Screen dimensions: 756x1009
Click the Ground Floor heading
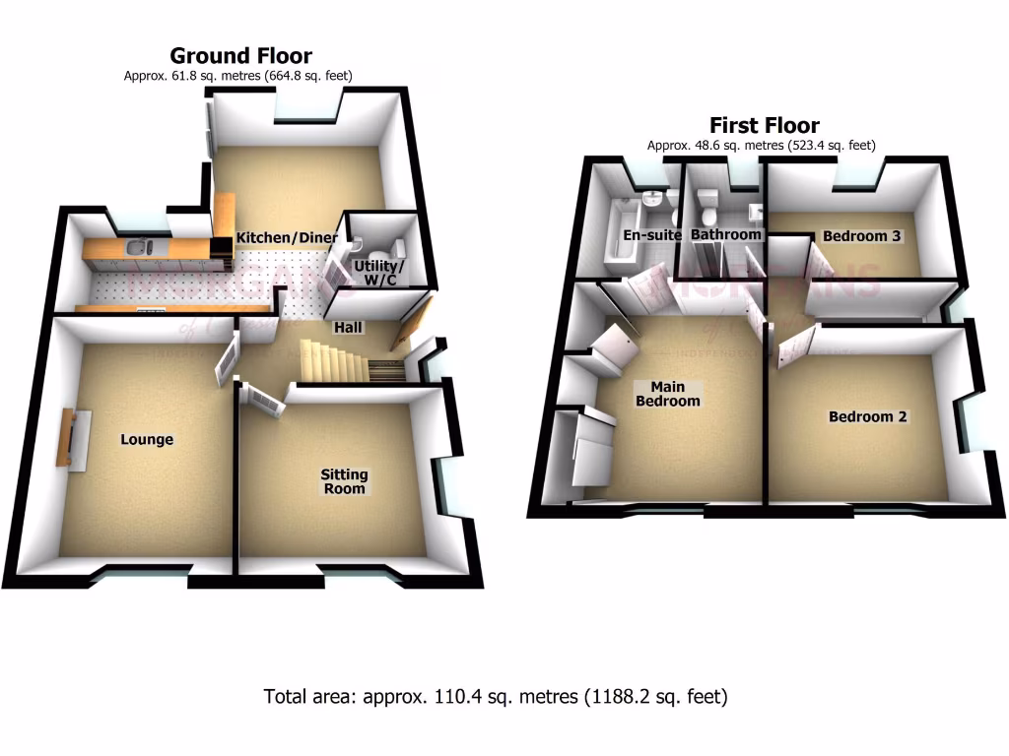click(x=240, y=56)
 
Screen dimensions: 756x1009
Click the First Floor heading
click(x=764, y=126)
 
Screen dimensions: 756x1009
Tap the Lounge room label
click(x=147, y=439)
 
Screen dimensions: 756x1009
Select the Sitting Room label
click(x=343, y=481)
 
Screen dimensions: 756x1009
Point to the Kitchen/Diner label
click(x=287, y=237)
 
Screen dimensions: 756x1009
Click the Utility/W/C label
click(x=378, y=274)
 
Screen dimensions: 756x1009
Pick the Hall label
click(x=348, y=328)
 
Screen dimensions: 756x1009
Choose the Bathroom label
click(x=726, y=235)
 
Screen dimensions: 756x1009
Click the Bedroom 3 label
click(x=863, y=236)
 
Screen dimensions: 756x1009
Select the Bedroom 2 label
click(x=867, y=416)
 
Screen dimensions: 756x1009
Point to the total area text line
click(x=496, y=697)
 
